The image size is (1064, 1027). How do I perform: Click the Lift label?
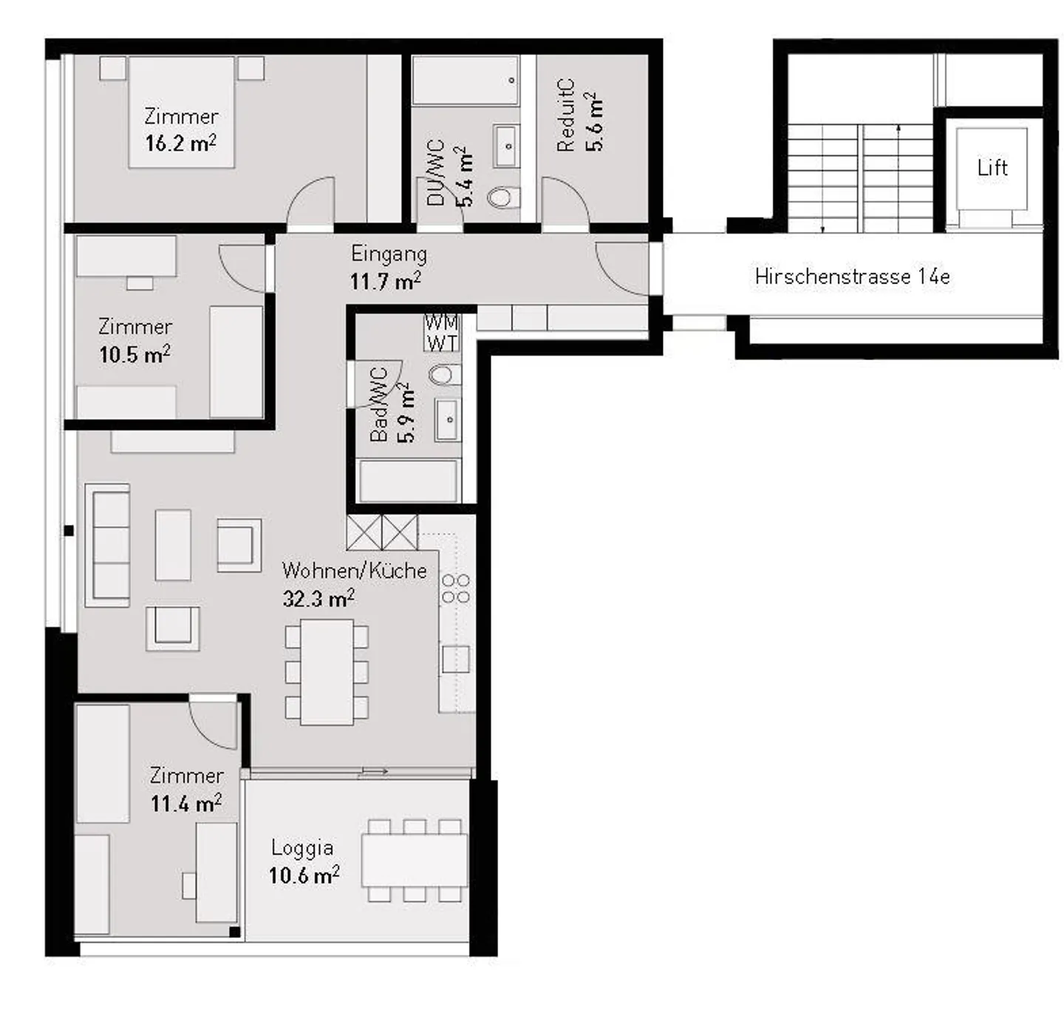[992, 168]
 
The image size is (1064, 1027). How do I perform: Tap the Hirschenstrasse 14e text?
[851, 277]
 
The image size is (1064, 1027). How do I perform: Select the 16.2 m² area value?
[180, 143]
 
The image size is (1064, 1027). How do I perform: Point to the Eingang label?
[389, 254]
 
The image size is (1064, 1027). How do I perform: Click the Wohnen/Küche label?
[354, 571]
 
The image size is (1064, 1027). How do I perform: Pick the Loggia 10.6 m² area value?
[304, 875]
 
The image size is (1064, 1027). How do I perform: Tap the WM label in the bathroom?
[441, 322]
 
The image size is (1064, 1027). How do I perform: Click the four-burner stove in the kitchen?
[455, 588]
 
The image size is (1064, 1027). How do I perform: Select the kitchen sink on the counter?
[455, 658]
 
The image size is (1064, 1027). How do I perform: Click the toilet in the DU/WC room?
[504, 197]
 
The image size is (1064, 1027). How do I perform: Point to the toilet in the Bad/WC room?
[445, 375]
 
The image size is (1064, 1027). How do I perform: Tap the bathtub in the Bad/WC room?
[407, 481]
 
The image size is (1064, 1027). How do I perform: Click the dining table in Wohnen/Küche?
[327, 671]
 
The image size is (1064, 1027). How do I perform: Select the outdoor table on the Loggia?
[414, 860]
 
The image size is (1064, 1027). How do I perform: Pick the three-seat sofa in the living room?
[109, 545]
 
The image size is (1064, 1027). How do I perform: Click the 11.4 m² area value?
[186, 803]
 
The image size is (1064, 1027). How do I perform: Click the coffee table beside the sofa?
[173, 545]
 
